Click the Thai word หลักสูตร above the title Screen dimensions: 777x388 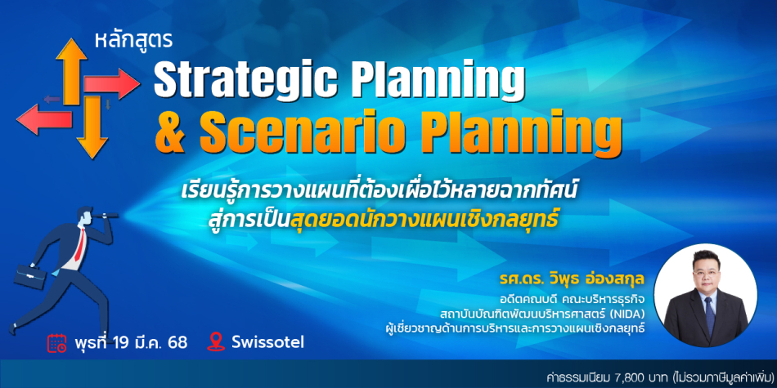(x=133, y=42)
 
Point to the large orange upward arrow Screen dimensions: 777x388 (x=71, y=71)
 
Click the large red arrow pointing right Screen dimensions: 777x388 (x=111, y=83)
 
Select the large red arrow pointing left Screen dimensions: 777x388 (x=45, y=119)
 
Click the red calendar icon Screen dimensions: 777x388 (x=57, y=342)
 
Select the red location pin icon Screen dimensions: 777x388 (x=216, y=342)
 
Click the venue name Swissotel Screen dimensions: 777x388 (x=268, y=342)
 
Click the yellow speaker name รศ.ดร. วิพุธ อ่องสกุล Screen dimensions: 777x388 (x=572, y=283)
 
